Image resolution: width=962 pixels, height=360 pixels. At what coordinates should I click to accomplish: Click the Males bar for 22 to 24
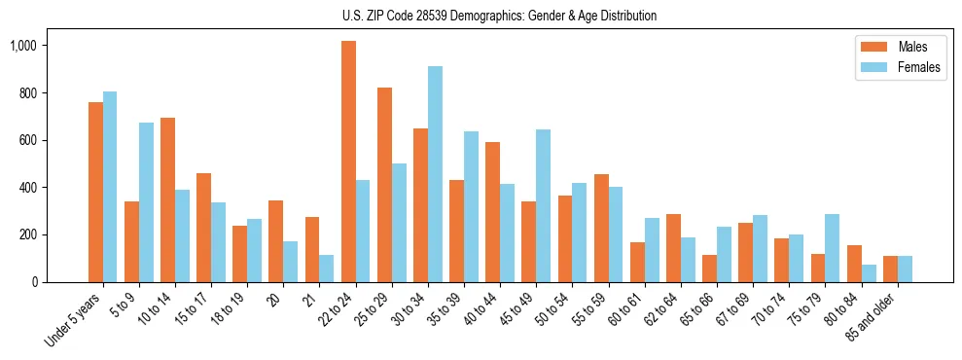[x=348, y=162]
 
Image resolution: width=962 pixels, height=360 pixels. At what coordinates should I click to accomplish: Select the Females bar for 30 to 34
[x=435, y=174]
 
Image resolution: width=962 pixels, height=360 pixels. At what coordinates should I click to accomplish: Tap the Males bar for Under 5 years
[x=95, y=192]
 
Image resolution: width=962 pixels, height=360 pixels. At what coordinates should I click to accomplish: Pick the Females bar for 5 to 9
[x=146, y=202]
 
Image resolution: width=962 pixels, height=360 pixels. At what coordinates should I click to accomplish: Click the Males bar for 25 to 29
[x=384, y=185]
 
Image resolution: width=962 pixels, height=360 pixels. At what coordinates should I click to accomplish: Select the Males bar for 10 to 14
[x=167, y=199]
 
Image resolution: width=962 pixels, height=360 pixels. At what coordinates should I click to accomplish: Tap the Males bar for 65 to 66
[x=708, y=269]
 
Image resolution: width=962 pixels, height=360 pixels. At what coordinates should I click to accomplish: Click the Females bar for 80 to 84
[x=868, y=273]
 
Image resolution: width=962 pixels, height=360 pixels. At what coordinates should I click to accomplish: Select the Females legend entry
[x=895, y=68]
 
